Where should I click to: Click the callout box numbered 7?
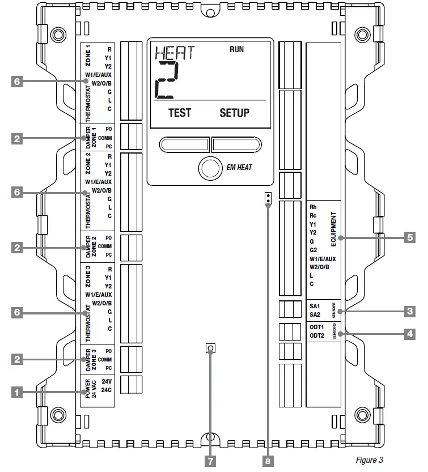click(210, 461)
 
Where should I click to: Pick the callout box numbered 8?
click(268, 461)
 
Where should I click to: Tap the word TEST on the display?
click(180, 112)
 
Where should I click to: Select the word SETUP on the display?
click(234, 112)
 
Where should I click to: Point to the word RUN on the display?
click(237, 50)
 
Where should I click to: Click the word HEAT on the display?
click(174, 53)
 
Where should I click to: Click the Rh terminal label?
click(313, 207)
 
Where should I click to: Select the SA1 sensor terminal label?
click(315, 305)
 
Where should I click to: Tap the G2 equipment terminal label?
click(314, 249)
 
